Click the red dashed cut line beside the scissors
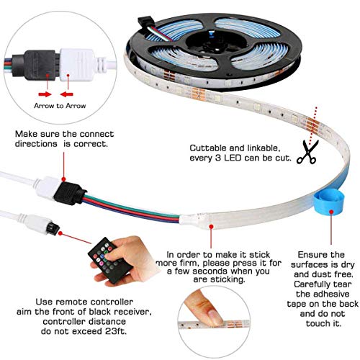click(x=315, y=122)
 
